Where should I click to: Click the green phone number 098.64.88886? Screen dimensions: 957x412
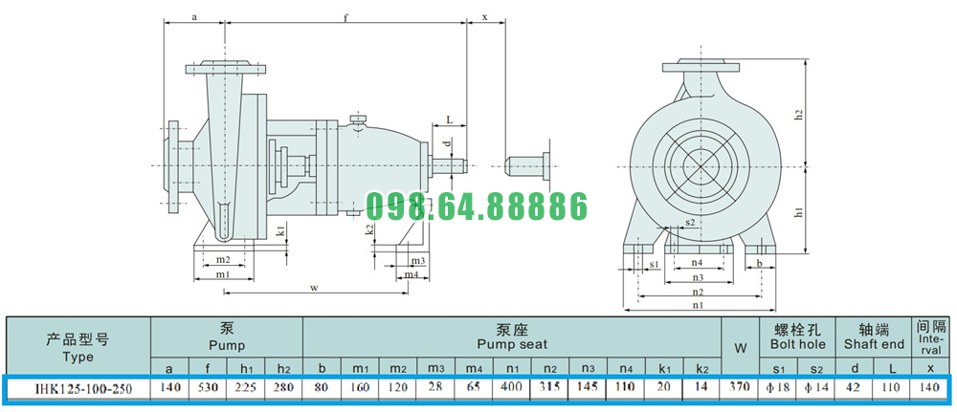coord(477,206)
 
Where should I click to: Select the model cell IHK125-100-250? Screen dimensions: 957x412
coord(78,387)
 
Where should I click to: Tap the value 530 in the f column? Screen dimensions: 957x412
coord(208,387)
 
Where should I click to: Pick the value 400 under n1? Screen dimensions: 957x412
coord(511,387)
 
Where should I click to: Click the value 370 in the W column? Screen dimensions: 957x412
coord(740,387)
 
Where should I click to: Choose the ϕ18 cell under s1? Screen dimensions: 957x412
coord(777,387)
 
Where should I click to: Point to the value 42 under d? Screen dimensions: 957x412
coord(854,387)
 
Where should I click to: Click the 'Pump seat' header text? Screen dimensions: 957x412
coord(512,344)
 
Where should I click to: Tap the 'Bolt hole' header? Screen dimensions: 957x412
coord(797,344)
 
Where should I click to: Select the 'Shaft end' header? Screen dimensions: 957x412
coord(874,344)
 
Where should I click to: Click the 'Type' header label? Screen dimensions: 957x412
coord(78,358)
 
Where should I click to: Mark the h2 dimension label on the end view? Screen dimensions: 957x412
coord(798,116)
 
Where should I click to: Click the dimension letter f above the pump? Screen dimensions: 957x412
coord(345,17)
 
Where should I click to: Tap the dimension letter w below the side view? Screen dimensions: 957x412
coord(314,288)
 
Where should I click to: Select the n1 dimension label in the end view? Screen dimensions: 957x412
coord(698,305)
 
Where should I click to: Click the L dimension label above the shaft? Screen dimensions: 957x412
coord(449,120)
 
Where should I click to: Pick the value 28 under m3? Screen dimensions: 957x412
coord(435,387)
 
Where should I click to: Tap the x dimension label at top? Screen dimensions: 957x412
coord(486,17)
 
